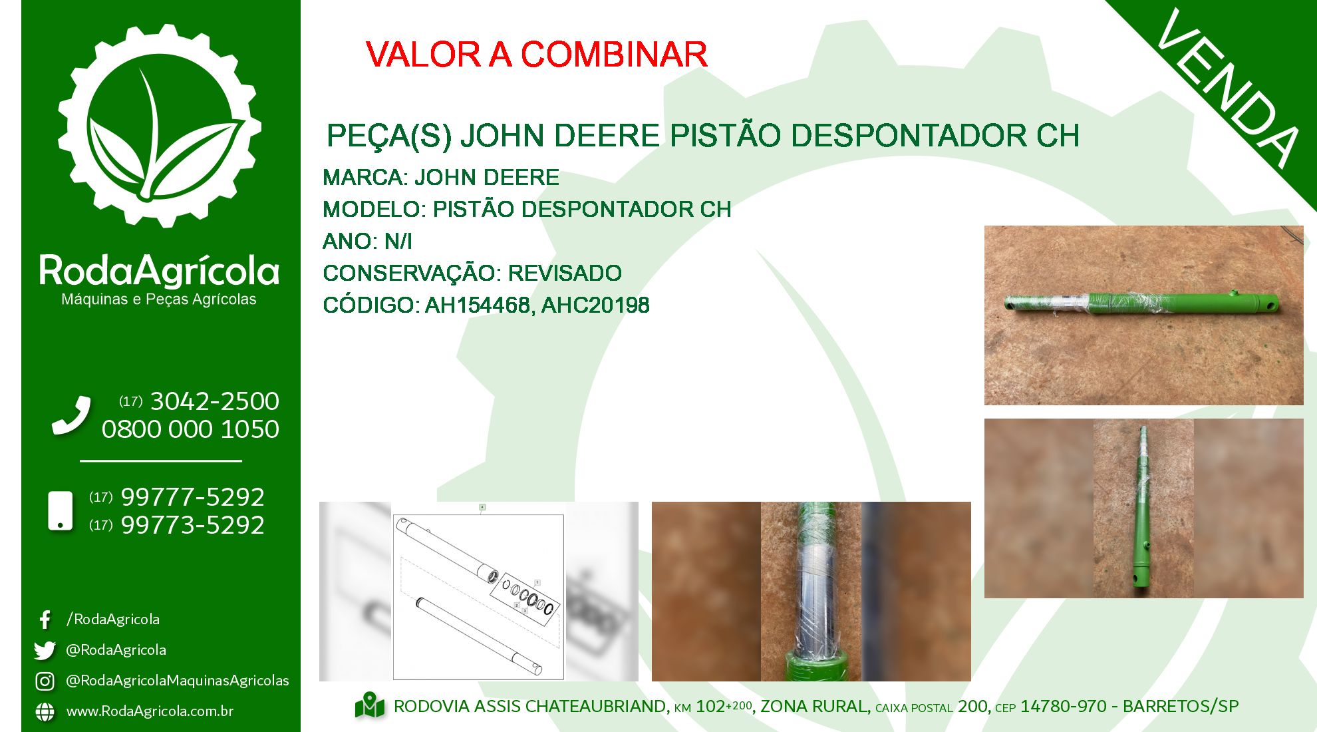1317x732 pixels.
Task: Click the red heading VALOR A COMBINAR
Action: (x=536, y=55)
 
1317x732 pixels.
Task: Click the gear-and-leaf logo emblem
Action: (x=160, y=126)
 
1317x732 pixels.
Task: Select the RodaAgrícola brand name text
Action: (x=160, y=271)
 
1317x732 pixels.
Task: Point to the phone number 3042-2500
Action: (x=215, y=401)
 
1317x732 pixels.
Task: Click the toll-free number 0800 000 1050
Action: (x=190, y=429)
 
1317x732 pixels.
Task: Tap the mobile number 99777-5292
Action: (x=193, y=497)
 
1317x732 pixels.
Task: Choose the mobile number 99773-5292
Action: (x=193, y=525)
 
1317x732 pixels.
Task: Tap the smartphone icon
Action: (x=61, y=511)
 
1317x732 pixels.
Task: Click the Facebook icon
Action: (x=45, y=620)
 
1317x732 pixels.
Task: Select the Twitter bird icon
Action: (x=45, y=650)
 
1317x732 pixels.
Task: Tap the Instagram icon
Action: (x=45, y=681)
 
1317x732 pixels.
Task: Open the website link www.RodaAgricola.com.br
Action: (x=150, y=711)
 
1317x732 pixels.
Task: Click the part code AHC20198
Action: (x=595, y=305)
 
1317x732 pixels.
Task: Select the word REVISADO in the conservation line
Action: (x=565, y=273)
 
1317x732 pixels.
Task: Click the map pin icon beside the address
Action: (x=370, y=706)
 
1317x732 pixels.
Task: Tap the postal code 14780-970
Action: (x=1064, y=706)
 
